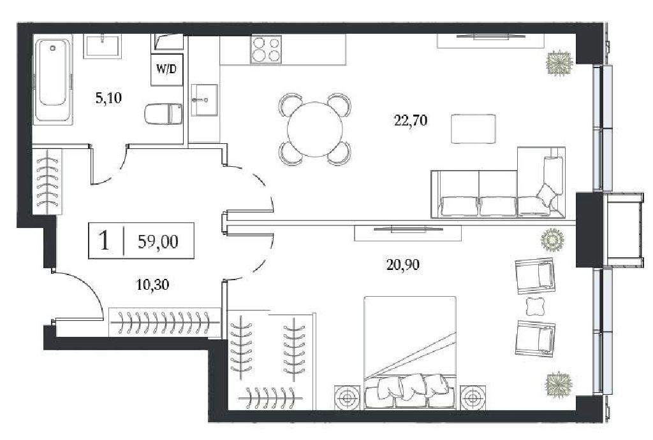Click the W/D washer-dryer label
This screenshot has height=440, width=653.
(166, 69)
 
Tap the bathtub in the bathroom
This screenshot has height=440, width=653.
(53, 80)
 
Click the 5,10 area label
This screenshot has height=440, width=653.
(108, 98)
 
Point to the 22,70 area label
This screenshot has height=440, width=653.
(411, 120)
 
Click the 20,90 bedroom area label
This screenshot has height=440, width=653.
(403, 264)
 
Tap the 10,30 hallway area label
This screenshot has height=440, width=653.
(153, 285)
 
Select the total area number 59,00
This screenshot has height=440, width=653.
(158, 241)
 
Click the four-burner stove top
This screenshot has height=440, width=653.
(266, 49)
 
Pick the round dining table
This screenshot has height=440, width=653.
(315, 129)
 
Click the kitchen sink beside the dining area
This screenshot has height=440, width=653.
(205, 99)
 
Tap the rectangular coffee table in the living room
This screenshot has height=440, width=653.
(474, 129)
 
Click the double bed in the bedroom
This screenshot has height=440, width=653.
(410, 353)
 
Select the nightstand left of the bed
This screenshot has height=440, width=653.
(348, 398)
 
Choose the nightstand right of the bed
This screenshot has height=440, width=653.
(473, 398)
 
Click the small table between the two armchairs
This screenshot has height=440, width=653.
(535, 306)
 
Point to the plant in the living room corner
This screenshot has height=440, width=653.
(559, 63)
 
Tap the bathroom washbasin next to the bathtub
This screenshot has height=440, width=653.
(102, 47)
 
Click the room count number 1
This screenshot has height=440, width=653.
(105, 241)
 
